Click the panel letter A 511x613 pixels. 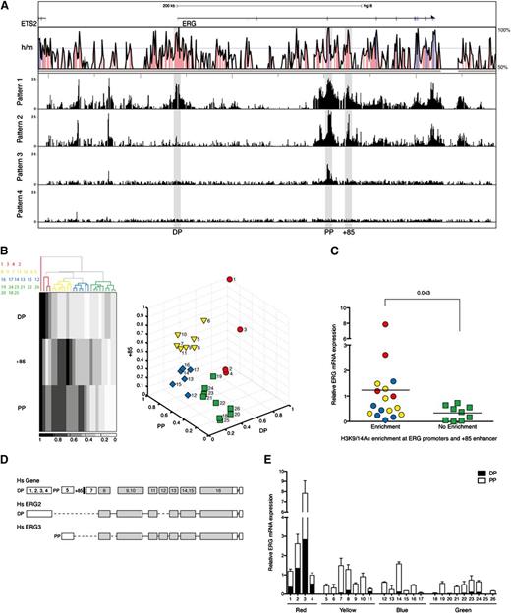click(8, 6)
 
